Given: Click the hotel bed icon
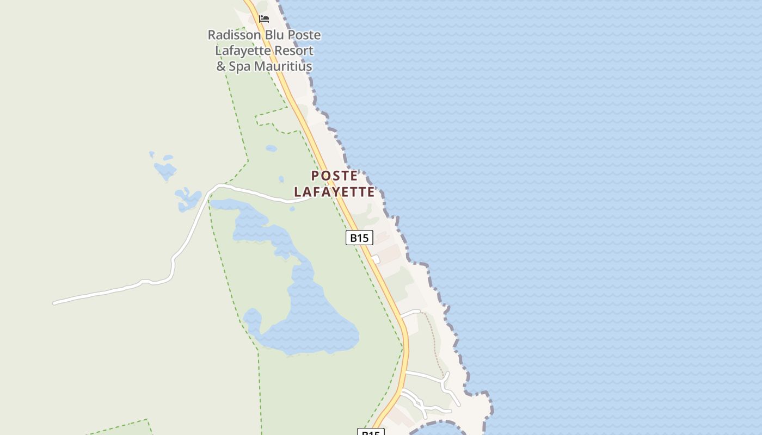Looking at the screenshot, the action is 264,19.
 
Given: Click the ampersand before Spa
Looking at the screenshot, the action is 221,67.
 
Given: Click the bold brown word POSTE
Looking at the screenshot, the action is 334,176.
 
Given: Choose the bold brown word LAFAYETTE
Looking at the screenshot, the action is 334,192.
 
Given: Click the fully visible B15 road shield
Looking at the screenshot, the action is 359,238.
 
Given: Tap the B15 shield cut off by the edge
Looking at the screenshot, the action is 371,432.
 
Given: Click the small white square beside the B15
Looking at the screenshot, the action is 375,259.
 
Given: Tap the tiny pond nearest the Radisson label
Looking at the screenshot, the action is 271,148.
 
